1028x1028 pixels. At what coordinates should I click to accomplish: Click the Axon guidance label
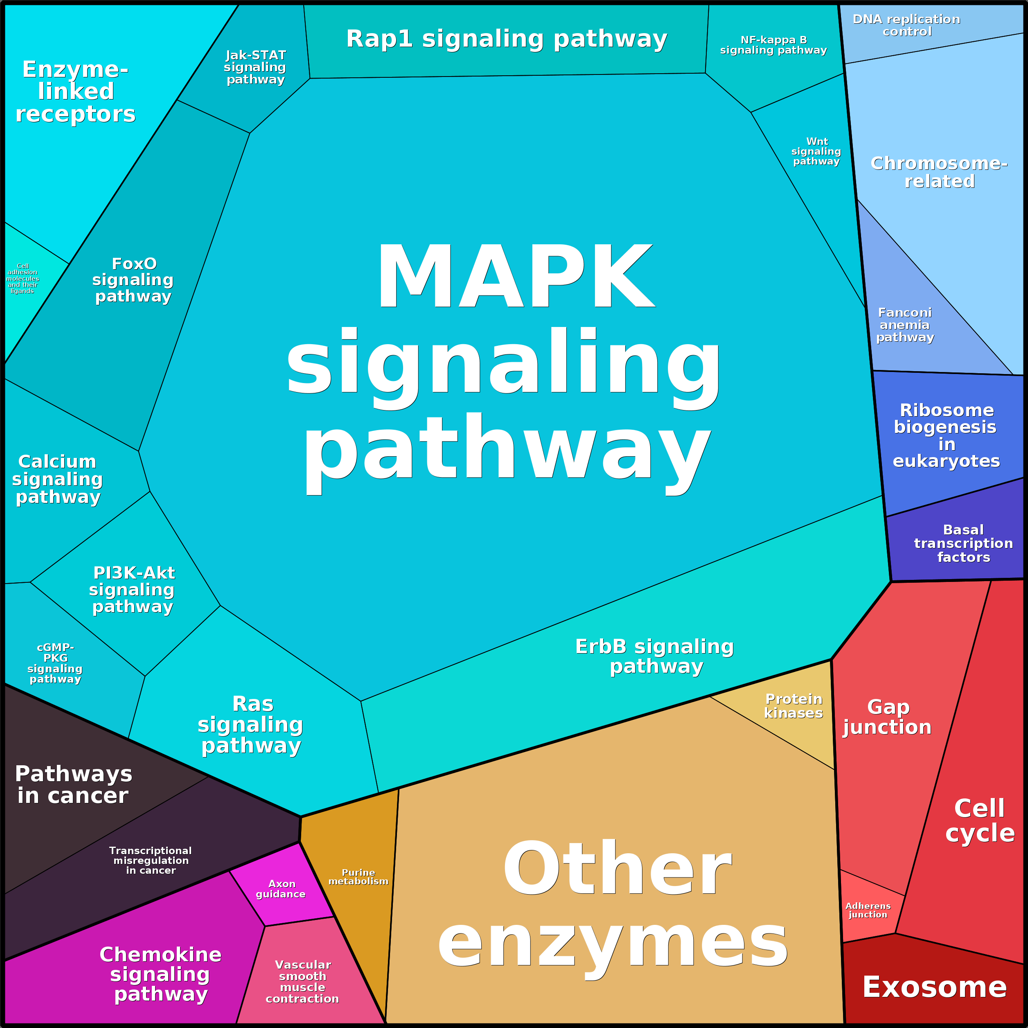[x=281, y=888]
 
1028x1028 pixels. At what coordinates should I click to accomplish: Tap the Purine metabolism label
[x=358, y=877]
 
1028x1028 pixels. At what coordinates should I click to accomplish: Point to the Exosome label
[x=934, y=987]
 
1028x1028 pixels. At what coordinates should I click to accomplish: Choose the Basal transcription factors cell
[x=963, y=544]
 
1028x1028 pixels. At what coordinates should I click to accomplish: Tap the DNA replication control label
[x=907, y=25]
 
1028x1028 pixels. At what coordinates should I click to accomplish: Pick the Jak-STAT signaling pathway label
[x=255, y=68]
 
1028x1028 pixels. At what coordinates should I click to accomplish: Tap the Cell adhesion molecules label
[x=23, y=278]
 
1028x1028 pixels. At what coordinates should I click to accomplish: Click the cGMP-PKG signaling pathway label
[x=55, y=663]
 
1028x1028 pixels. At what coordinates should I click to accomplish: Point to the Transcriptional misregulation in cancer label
[x=151, y=860]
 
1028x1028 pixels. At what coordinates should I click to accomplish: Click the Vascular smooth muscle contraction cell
[x=302, y=982]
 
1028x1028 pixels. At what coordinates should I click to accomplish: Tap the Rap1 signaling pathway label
[x=507, y=39]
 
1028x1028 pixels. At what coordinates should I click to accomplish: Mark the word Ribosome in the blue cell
[x=947, y=410]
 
